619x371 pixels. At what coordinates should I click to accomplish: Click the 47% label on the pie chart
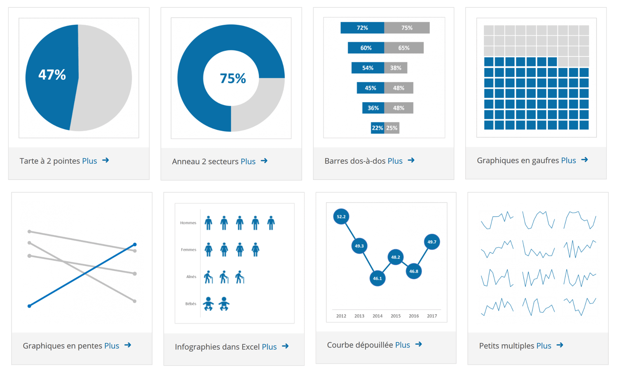(x=52, y=75)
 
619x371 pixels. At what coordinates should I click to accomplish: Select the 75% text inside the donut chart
(x=232, y=78)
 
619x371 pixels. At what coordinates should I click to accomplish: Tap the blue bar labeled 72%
(x=362, y=28)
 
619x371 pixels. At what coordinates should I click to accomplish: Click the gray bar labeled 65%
(x=404, y=48)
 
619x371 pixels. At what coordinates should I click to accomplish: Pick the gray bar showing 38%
(x=396, y=68)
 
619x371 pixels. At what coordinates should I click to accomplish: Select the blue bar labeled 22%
(x=377, y=128)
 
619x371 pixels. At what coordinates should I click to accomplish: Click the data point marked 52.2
(x=341, y=217)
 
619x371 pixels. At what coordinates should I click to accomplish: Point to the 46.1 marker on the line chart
(x=377, y=278)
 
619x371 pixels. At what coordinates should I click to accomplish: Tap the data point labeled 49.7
(x=431, y=242)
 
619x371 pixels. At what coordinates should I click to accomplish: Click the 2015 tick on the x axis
(x=396, y=316)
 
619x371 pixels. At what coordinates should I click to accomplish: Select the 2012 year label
(x=341, y=316)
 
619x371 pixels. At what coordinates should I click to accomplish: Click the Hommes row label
(x=188, y=223)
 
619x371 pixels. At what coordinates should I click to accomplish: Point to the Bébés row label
(x=190, y=304)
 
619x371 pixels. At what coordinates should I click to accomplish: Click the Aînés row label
(x=191, y=277)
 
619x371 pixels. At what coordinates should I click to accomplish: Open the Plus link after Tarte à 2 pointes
(x=89, y=161)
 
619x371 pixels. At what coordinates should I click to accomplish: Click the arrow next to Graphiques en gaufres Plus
(x=584, y=160)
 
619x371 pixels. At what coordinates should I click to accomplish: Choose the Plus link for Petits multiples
(x=544, y=346)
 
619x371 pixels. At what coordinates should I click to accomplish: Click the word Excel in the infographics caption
(x=251, y=347)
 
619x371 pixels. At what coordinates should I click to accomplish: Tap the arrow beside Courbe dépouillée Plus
(x=419, y=344)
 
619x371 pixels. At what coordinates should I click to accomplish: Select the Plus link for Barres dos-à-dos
(x=395, y=161)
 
